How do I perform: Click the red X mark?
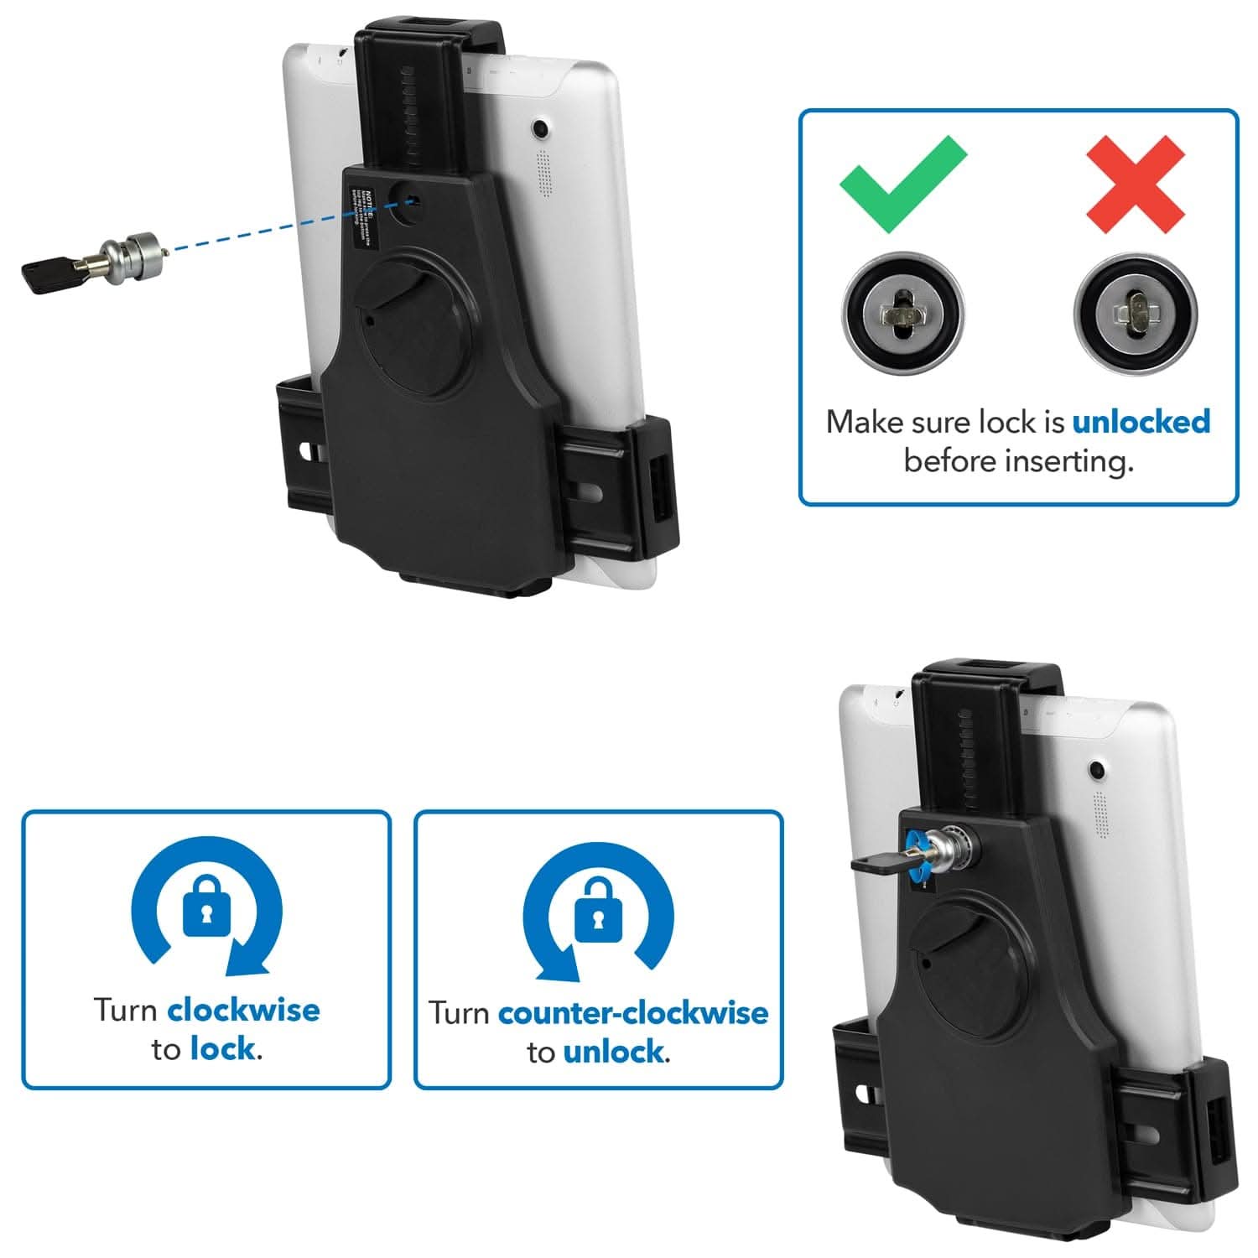pos(1135,185)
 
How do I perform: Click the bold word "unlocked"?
pos(1141,421)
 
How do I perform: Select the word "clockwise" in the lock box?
pos(243,1010)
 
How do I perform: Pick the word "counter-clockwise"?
pos(632,1013)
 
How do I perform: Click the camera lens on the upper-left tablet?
pos(541,129)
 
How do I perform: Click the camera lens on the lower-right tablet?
pos(1095,768)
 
